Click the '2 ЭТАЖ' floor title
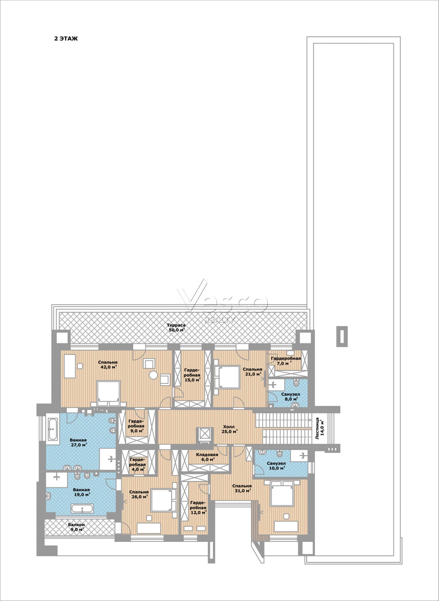point(66,39)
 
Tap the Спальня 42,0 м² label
point(108,364)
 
